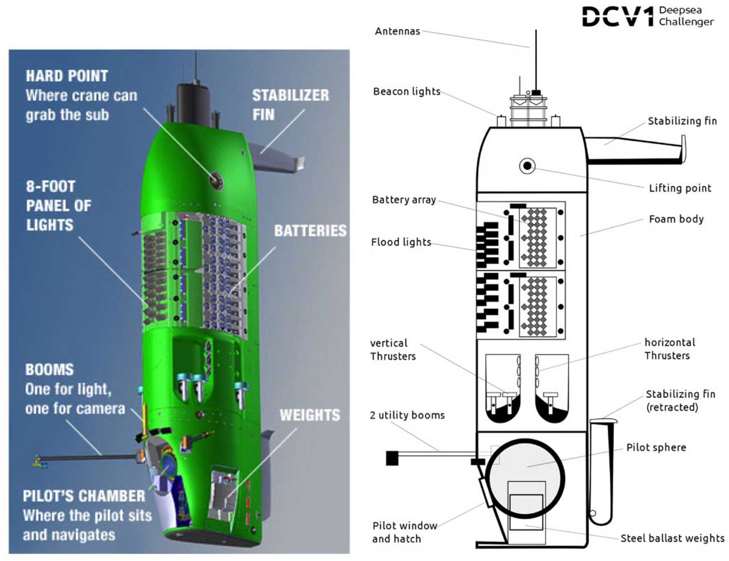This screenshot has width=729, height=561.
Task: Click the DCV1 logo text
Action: pyautogui.click(x=617, y=17)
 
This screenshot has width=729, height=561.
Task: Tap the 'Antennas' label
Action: pyautogui.click(x=397, y=31)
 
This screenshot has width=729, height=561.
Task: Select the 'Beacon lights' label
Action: pyautogui.click(x=407, y=91)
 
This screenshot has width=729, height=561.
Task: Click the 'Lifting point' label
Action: pyautogui.click(x=680, y=188)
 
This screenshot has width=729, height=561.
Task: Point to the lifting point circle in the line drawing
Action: pyautogui.click(x=527, y=166)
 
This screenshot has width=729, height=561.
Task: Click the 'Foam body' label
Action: pyautogui.click(x=676, y=219)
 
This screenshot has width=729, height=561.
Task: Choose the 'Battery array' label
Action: pyautogui.click(x=404, y=200)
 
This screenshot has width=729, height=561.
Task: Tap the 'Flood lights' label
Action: pyautogui.click(x=401, y=242)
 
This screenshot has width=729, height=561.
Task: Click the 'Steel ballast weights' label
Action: pyautogui.click(x=672, y=538)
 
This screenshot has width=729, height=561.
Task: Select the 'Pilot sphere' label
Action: pyautogui.click(x=656, y=448)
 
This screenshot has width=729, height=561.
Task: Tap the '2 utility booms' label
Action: pyautogui.click(x=407, y=415)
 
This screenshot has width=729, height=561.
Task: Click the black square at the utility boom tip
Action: pyautogui.click(x=392, y=458)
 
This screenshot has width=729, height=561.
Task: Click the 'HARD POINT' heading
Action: pyautogui.click(x=67, y=76)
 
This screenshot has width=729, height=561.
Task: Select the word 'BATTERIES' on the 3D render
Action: pyautogui.click(x=310, y=230)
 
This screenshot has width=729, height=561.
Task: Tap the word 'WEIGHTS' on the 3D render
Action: pyautogui.click(x=309, y=415)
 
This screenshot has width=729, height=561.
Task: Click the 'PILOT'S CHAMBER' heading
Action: pyautogui.click(x=84, y=496)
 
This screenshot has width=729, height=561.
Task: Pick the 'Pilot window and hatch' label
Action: pyautogui.click(x=404, y=532)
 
